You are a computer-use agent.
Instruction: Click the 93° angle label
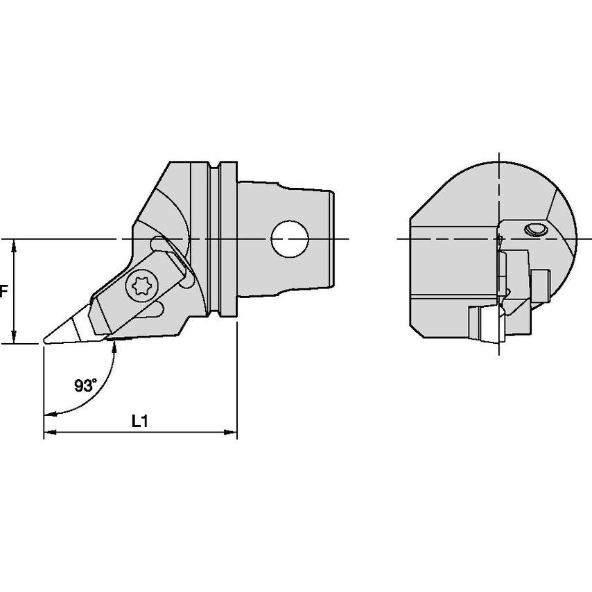85,386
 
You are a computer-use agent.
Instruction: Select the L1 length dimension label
140,421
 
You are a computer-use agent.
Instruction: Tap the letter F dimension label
3,292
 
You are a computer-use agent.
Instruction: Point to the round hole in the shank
289,239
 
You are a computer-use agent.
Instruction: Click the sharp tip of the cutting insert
45,340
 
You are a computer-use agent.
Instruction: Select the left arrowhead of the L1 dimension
49,433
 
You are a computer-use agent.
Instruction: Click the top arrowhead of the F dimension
15,244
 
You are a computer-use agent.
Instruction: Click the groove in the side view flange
216,239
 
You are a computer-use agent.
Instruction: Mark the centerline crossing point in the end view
499,239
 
